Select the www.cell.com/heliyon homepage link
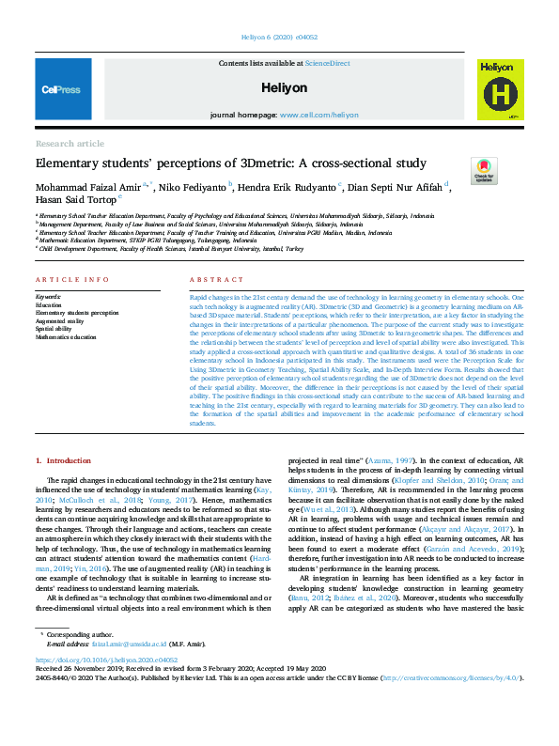318,115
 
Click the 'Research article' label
70,144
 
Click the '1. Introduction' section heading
63,460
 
